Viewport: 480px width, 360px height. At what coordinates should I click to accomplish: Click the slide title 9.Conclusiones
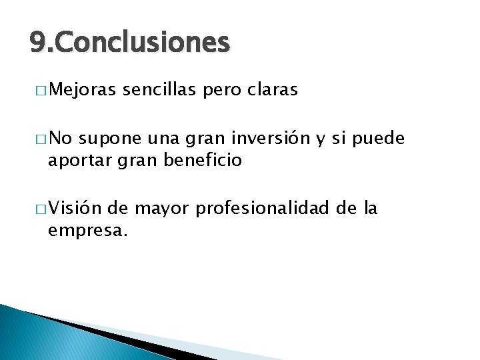pos(130,43)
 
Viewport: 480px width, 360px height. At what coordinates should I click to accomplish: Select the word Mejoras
pos(82,89)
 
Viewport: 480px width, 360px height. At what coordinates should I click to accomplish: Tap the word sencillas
pos(161,89)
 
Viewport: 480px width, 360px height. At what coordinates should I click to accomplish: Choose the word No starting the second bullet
pos(62,139)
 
